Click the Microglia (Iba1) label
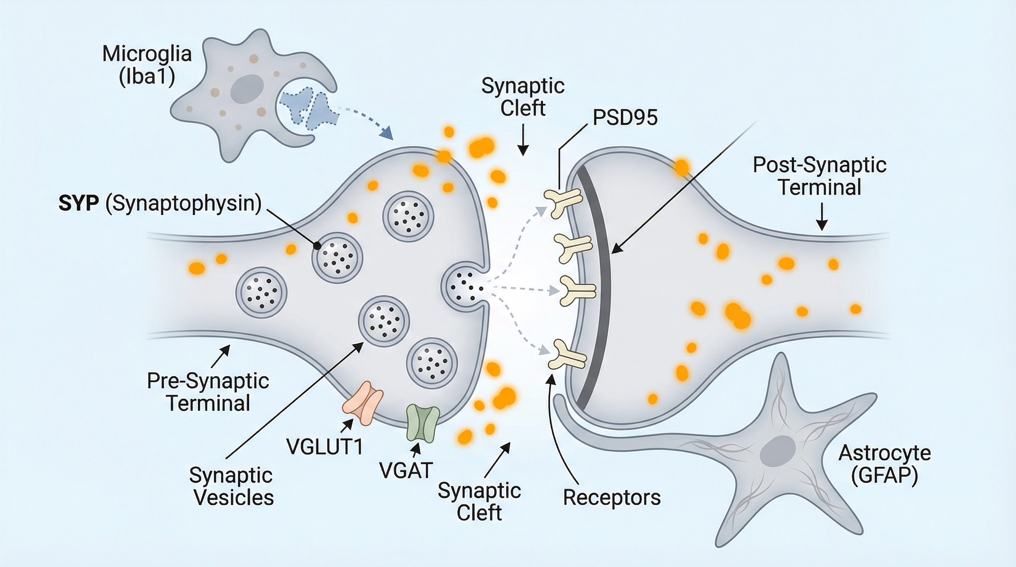click(147, 65)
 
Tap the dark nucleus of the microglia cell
click(247, 90)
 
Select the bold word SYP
click(79, 204)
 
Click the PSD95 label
click(625, 117)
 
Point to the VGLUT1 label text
click(324, 447)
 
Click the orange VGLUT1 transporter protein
click(363, 403)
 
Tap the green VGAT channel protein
click(423, 423)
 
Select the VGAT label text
click(406, 470)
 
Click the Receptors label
click(611, 497)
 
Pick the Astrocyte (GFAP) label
click(884, 464)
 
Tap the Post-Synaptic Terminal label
click(820, 176)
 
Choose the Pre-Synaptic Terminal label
click(208, 392)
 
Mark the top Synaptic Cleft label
click(523, 97)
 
